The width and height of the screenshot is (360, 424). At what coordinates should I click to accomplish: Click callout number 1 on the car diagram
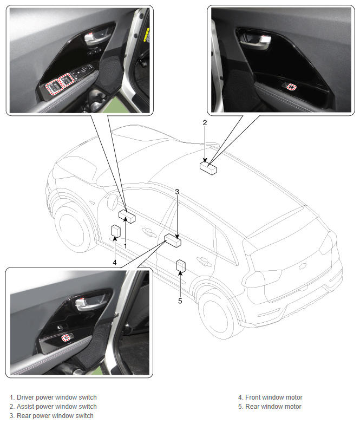click(x=126, y=246)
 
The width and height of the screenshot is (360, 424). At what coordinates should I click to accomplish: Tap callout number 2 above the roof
click(x=205, y=122)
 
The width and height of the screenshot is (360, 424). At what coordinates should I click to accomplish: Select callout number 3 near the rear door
click(x=177, y=192)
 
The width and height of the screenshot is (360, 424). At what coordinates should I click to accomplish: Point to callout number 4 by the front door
click(x=115, y=262)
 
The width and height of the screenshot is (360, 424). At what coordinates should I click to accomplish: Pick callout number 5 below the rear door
click(x=180, y=301)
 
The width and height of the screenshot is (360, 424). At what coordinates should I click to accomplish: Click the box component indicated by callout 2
click(x=208, y=168)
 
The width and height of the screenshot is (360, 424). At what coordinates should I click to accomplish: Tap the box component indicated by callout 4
click(x=116, y=231)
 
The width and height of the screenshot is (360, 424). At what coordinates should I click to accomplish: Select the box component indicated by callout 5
click(x=181, y=266)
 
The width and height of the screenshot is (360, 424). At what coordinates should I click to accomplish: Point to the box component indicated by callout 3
click(x=173, y=240)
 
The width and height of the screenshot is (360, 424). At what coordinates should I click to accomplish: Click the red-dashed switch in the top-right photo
click(x=291, y=87)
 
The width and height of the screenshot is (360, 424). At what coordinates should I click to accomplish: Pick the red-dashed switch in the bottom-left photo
click(x=66, y=337)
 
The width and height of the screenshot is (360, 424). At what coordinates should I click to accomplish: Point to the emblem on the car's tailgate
click(x=302, y=266)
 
